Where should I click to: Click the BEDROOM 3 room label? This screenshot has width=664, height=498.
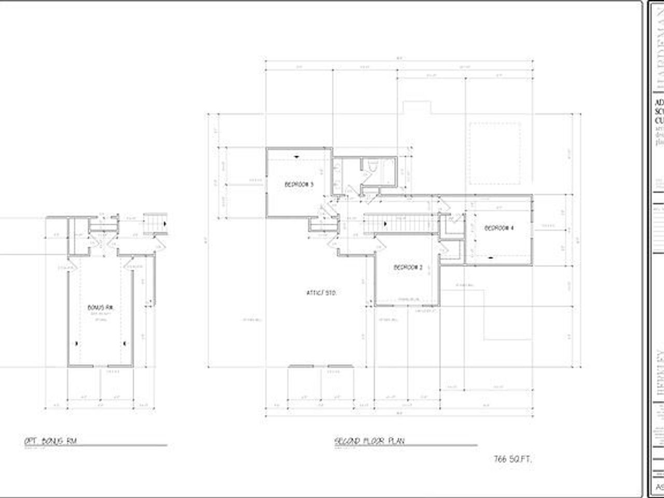pyautogui.click(x=299, y=184)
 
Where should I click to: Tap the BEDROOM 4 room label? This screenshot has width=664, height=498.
pyautogui.click(x=499, y=228)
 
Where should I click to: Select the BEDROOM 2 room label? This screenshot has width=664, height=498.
pyautogui.click(x=408, y=268)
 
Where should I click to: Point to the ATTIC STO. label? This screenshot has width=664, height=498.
pyautogui.click(x=322, y=293)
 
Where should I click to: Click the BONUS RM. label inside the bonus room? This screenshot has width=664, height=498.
pyautogui.click(x=101, y=307)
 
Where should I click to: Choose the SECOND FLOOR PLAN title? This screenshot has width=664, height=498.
pyautogui.click(x=369, y=441)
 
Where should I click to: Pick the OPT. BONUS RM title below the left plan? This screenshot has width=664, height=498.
pyautogui.click(x=51, y=441)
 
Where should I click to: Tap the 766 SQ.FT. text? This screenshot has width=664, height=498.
pyautogui.click(x=513, y=459)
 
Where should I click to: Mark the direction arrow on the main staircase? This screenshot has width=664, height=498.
pyautogui.click(x=385, y=224)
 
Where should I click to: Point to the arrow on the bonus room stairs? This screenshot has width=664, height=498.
pyautogui.click(x=164, y=224)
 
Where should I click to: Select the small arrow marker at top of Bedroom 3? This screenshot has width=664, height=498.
pyautogui.click(x=297, y=156)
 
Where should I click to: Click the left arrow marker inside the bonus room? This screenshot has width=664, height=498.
pyautogui.click(x=78, y=343)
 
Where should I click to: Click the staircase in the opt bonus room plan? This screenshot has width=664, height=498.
pyautogui.click(x=154, y=224)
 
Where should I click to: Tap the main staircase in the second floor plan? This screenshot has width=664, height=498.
pyautogui.click(x=399, y=224)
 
